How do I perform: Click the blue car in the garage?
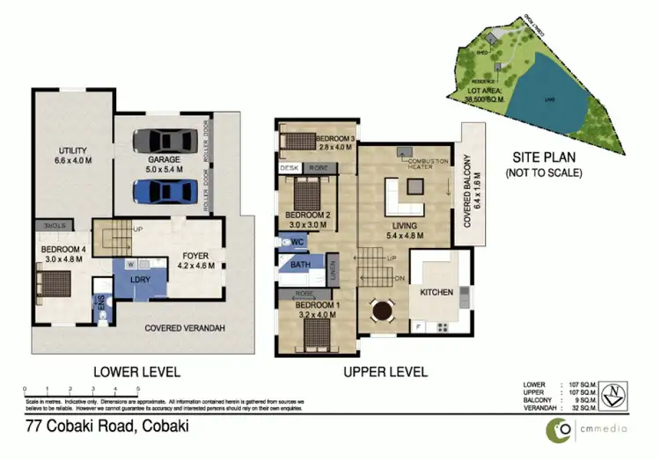166,191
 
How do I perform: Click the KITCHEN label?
437,290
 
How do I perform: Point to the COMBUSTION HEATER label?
425,163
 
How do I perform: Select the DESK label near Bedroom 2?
289,166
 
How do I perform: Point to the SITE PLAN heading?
544,157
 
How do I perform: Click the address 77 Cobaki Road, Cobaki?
106,427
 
